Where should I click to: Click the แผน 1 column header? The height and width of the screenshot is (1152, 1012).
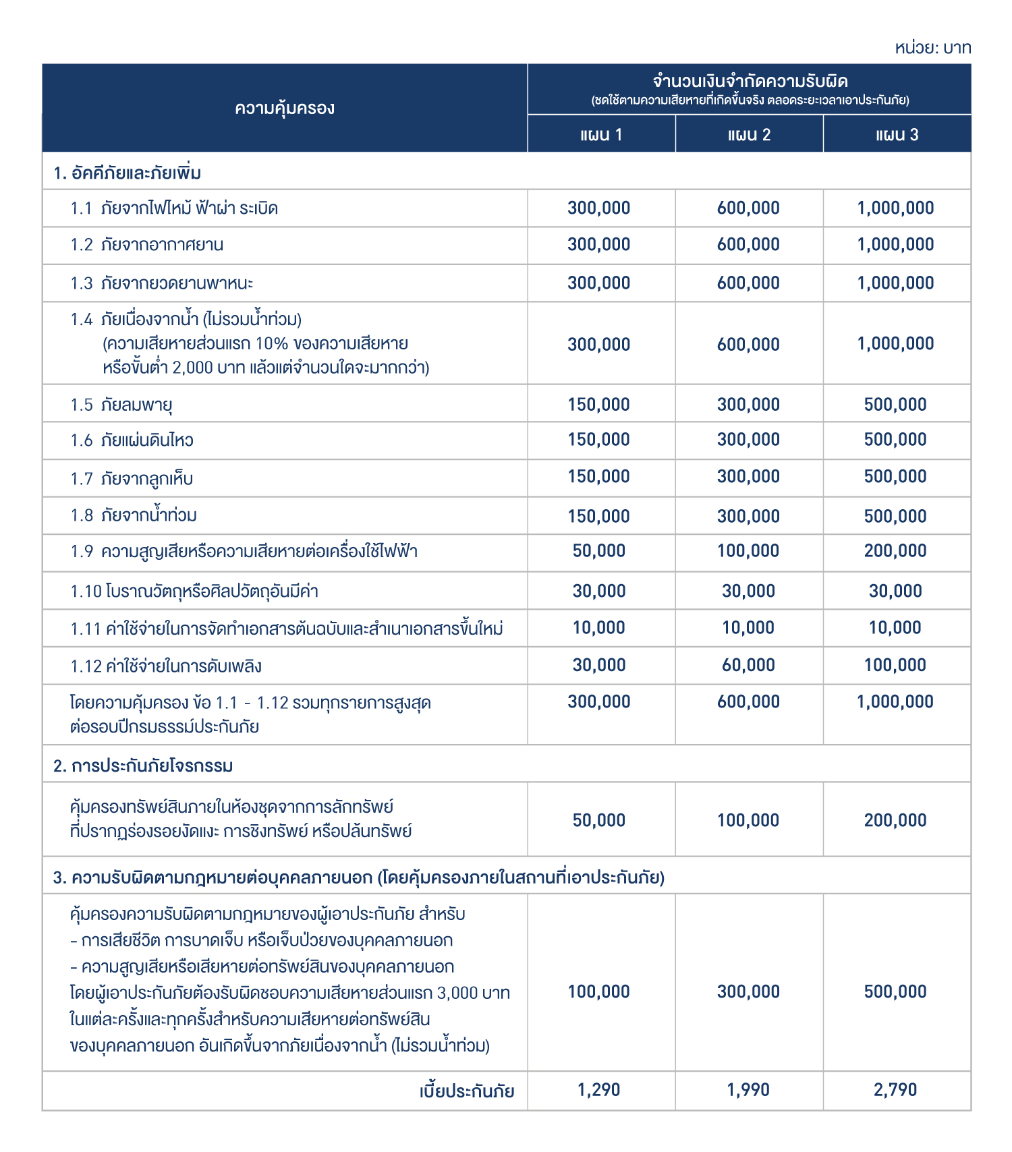coord(600,135)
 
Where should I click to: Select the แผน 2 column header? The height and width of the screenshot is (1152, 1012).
coord(749,135)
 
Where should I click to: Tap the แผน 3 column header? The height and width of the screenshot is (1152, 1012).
coord(897,135)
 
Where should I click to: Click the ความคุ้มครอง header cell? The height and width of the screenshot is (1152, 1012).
coord(285,109)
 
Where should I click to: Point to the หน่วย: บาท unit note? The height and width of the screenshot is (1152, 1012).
coord(932,48)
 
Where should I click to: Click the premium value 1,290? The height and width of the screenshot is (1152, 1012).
coord(599,1089)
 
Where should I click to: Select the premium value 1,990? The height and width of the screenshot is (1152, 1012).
coord(748,1089)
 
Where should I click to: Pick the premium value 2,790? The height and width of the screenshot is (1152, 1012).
coord(895,1089)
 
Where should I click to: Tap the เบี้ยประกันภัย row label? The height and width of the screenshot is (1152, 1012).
coord(467,1091)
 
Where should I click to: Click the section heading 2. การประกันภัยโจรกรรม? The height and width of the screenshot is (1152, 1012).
coord(143,766)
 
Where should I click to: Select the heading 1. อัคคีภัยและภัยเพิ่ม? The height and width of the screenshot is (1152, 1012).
coord(128,173)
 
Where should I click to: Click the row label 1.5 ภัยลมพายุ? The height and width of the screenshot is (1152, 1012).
coord(121,405)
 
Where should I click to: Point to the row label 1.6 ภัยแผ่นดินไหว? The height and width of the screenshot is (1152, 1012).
coord(132,440)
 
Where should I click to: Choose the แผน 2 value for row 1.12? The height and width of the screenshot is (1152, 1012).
coord(748,665)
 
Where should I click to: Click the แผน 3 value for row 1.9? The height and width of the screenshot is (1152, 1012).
coord(895,551)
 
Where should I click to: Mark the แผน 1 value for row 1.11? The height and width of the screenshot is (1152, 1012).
coord(599,628)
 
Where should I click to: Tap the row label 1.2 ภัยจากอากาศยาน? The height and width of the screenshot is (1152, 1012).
coord(147,245)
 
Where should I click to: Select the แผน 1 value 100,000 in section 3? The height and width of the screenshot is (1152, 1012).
coord(599,991)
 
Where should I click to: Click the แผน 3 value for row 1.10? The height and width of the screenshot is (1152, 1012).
coord(895,591)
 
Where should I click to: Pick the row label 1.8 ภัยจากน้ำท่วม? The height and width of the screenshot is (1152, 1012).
coord(134,515)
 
